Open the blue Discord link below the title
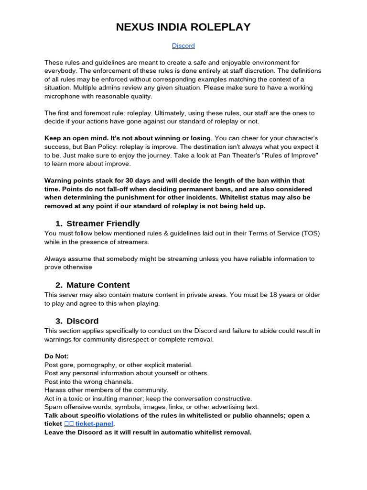point(183,46)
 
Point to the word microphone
point(63,96)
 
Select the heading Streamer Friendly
point(103,223)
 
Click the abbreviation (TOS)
point(311,234)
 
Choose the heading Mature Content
point(98,285)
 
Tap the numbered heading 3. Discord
point(77,321)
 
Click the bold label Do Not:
point(56,356)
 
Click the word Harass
point(55,390)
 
